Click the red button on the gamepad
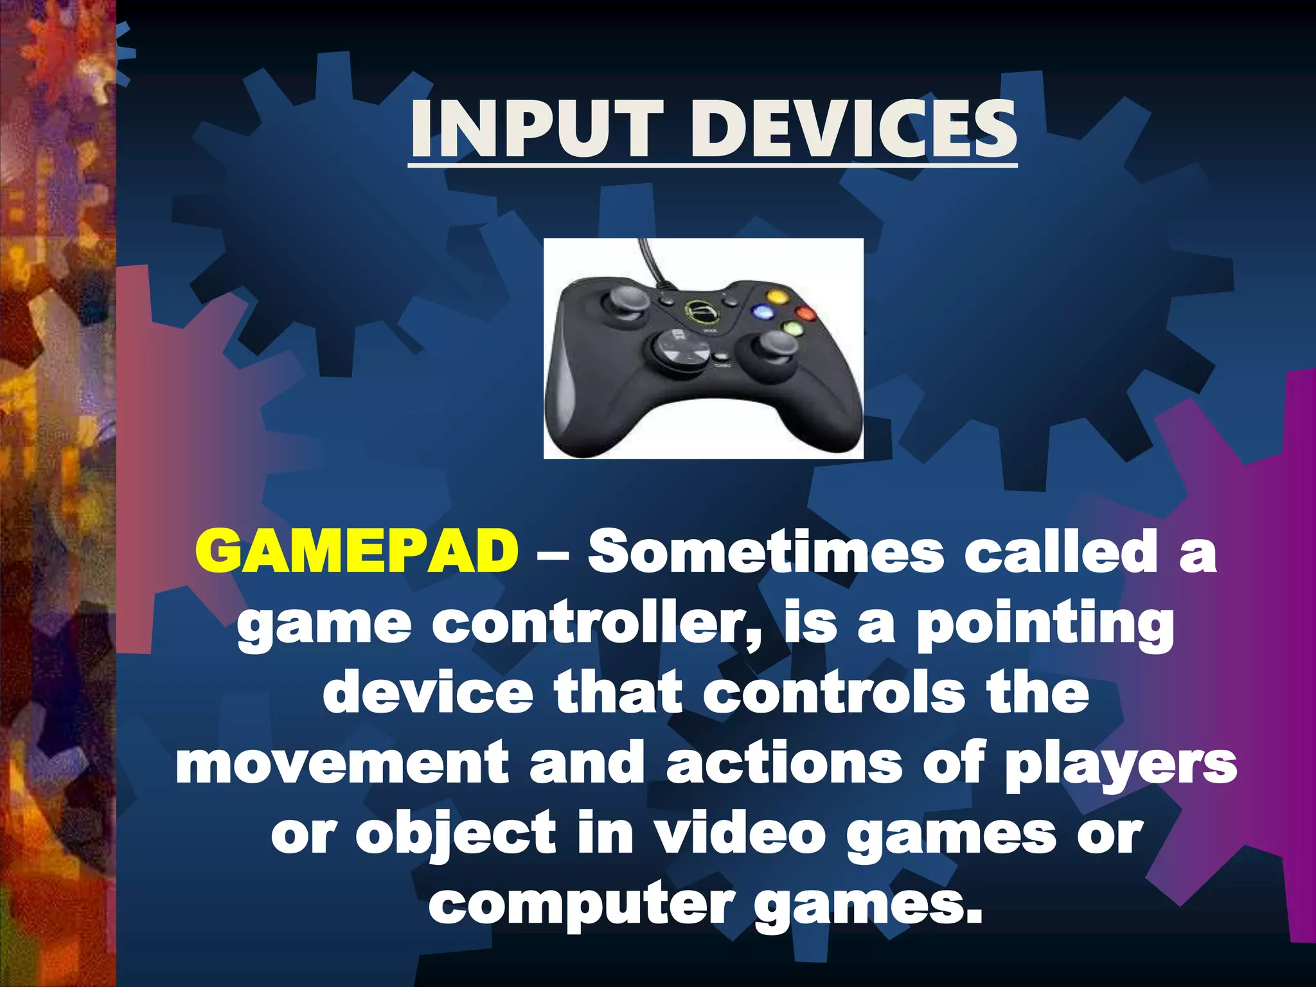coord(805,314)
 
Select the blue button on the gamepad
coord(763,313)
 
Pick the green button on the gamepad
coord(791,329)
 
